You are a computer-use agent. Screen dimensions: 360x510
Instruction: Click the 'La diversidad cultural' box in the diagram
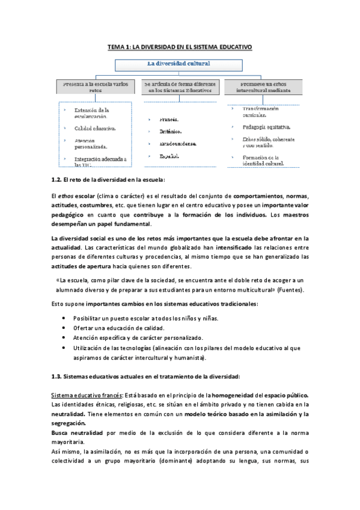tap(180, 63)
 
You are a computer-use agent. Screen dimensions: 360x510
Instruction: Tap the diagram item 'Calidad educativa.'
tap(96, 128)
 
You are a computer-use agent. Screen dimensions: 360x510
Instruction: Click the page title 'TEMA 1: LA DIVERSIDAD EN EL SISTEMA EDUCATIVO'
tap(180, 46)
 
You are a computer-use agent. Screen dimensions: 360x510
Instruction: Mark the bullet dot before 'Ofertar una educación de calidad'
tap(64, 328)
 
